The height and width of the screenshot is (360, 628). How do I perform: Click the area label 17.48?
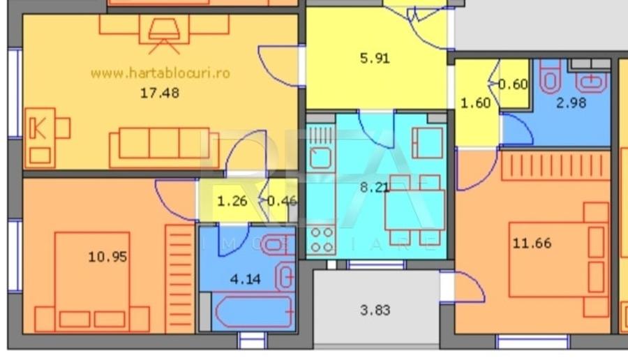click(160, 92)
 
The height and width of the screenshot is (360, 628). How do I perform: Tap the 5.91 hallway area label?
click(375, 59)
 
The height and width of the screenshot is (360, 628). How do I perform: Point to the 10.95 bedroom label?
click(107, 257)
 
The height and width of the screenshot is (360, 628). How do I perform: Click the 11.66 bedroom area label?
click(532, 243)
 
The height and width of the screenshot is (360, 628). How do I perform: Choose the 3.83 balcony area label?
click(375, 310)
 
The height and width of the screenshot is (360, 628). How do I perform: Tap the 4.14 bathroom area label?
click(246, 280)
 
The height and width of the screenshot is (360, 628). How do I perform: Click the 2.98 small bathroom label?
click(571, 103)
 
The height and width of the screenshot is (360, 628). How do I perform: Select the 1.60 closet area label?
click(475, 103)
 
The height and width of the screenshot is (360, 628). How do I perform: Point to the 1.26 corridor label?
click(232, 202)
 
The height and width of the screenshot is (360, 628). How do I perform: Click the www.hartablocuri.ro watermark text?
click(160, 72)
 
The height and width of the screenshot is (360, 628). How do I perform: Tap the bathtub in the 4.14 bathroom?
click(252, 311)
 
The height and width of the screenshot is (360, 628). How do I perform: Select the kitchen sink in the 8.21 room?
click(320, 158)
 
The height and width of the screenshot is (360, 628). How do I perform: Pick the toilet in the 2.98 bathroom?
click(550, 77)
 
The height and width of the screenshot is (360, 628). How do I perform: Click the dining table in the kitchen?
click(414, 209)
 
